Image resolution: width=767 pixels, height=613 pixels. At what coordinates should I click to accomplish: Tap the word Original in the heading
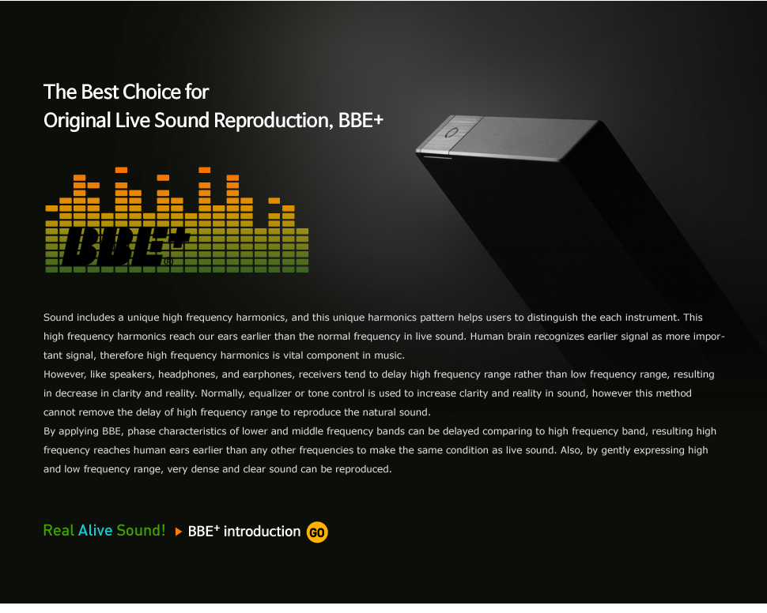click(77, 121)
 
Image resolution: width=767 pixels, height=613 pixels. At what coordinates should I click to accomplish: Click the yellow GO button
click(317, 532)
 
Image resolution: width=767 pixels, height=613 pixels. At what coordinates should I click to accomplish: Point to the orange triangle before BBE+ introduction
click(179, 532)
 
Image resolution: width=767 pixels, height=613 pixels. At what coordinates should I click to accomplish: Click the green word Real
click(59, 530)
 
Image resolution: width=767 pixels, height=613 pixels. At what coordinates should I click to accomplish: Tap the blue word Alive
click(96, 530)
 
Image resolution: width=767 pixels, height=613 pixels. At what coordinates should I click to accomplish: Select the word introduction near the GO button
click(262, 532)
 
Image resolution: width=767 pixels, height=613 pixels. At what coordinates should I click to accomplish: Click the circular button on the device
click(452, 133)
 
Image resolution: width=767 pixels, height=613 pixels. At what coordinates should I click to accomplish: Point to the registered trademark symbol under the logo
click(168, 261)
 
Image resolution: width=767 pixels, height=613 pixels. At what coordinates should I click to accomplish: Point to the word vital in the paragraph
click(293, 355)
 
